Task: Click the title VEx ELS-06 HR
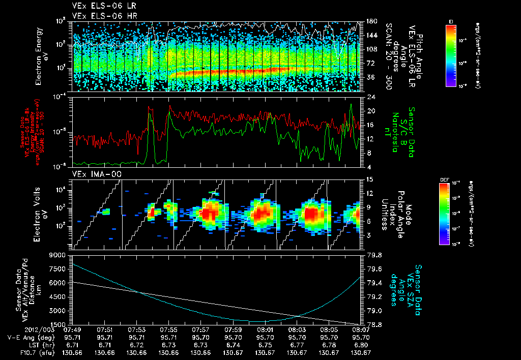click(x=100, y=16)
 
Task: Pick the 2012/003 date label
click(x=18, y=329)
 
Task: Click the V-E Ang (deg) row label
click(x=25, y=337)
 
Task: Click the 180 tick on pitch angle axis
click(x=371, y=21)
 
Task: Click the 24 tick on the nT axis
click(x=370, y=97)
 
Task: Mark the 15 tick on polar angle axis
click(x=370, y=179)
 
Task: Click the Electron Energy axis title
click(x=42, y=56)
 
